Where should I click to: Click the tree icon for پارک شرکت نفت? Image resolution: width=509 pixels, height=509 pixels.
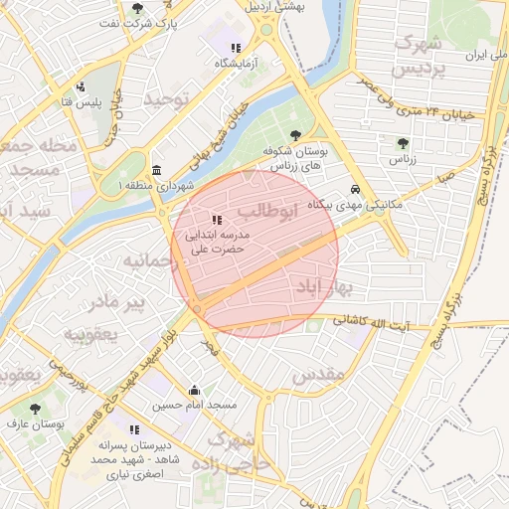click(137, 8)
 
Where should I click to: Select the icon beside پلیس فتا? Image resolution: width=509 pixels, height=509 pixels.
click(80, 86)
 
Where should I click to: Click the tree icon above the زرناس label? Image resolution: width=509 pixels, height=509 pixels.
click(402, 143)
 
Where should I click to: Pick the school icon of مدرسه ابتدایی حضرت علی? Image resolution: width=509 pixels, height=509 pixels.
click(217, 219)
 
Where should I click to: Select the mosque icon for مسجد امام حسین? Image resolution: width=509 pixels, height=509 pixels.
click(193, 390)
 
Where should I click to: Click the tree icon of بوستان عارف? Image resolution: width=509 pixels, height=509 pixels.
click(35, 409)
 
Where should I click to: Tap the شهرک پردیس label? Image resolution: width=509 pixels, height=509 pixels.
click(418, 57)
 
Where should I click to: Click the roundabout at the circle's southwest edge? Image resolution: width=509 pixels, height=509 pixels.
click(197, 311)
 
